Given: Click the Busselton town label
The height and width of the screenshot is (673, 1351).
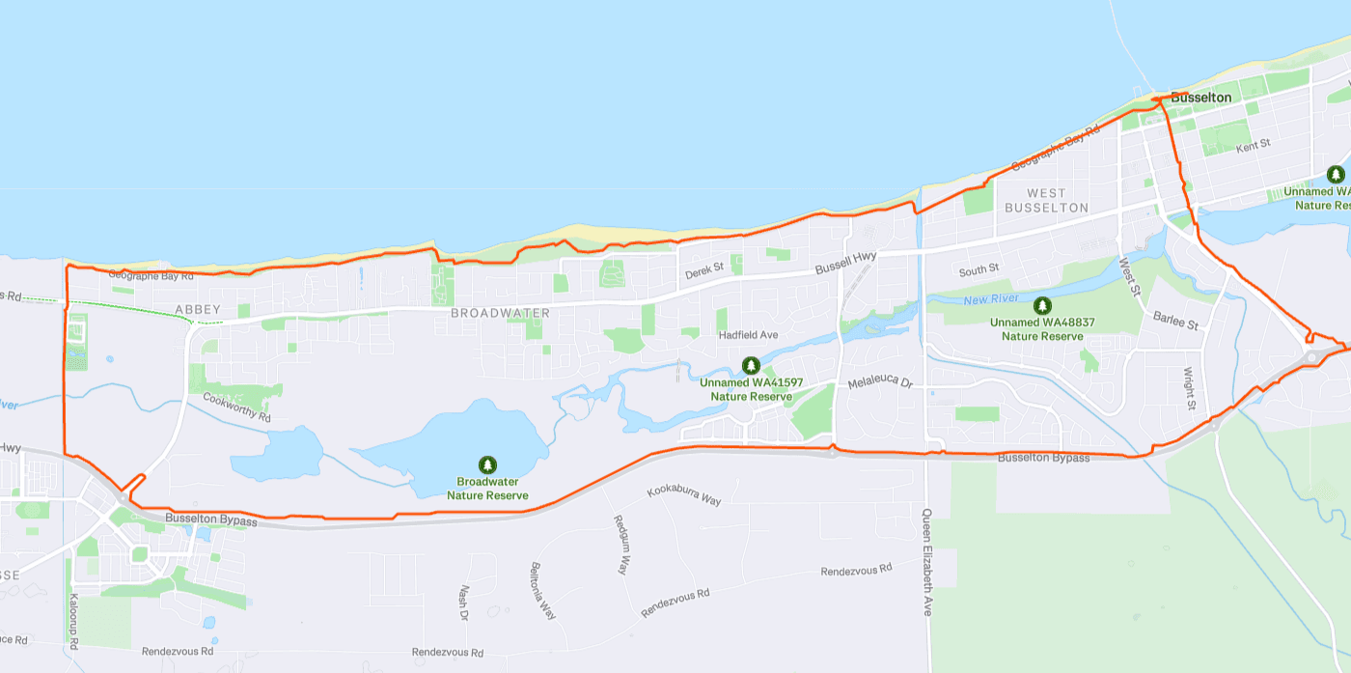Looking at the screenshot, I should point(1200,98).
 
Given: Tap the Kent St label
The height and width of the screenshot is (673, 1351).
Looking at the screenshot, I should point(1253,145).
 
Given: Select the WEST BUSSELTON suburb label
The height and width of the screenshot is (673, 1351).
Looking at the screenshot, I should point(1046,201).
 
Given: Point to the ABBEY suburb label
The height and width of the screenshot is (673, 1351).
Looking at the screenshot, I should point(198,310).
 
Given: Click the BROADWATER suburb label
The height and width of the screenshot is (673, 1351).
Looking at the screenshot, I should point(500,314).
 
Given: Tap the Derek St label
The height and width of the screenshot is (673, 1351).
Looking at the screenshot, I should point(703,273).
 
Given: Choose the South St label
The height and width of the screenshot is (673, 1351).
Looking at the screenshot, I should point(979,269).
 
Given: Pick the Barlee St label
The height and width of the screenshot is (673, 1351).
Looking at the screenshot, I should point(1174,321).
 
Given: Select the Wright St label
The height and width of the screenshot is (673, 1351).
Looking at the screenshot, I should point(1191,388).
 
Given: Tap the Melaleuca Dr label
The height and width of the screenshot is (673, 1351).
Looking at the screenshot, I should point(879,383).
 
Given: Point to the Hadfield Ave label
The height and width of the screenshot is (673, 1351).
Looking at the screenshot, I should point(748,335).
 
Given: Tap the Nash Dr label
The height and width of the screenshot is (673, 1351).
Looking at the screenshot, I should point(464,603).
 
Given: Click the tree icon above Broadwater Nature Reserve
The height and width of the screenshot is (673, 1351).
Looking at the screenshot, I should point(487,465).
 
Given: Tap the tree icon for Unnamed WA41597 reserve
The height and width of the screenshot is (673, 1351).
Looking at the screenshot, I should point(751,365).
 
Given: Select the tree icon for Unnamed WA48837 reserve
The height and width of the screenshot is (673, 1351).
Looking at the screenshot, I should point(1041,305).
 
